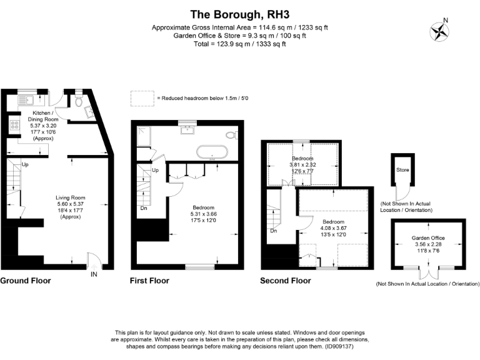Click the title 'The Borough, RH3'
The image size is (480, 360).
[x=240, y=14]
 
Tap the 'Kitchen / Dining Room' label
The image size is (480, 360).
[x=42, y=116]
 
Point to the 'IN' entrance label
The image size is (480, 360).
[x=94, y=274]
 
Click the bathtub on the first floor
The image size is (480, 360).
[x=212, y=151]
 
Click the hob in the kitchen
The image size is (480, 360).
[x=13, y=126]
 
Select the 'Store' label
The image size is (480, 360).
[x=402, y=169]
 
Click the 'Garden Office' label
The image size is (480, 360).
[x=428, y=238]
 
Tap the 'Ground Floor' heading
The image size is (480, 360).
[x=26, y=281]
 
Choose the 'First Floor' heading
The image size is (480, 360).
[x=149, y=281]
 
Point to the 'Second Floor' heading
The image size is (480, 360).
[x=285, y=281]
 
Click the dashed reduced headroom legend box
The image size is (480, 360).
[x=142, y=98]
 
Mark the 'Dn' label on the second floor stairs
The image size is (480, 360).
[x=273, y=231]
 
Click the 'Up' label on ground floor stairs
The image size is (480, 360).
[x=25, y=164]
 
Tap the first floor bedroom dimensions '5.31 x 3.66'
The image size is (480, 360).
[x=204, y=214]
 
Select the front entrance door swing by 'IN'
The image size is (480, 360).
[x=92, y=259]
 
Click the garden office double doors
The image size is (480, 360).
[x=428, y=273]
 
